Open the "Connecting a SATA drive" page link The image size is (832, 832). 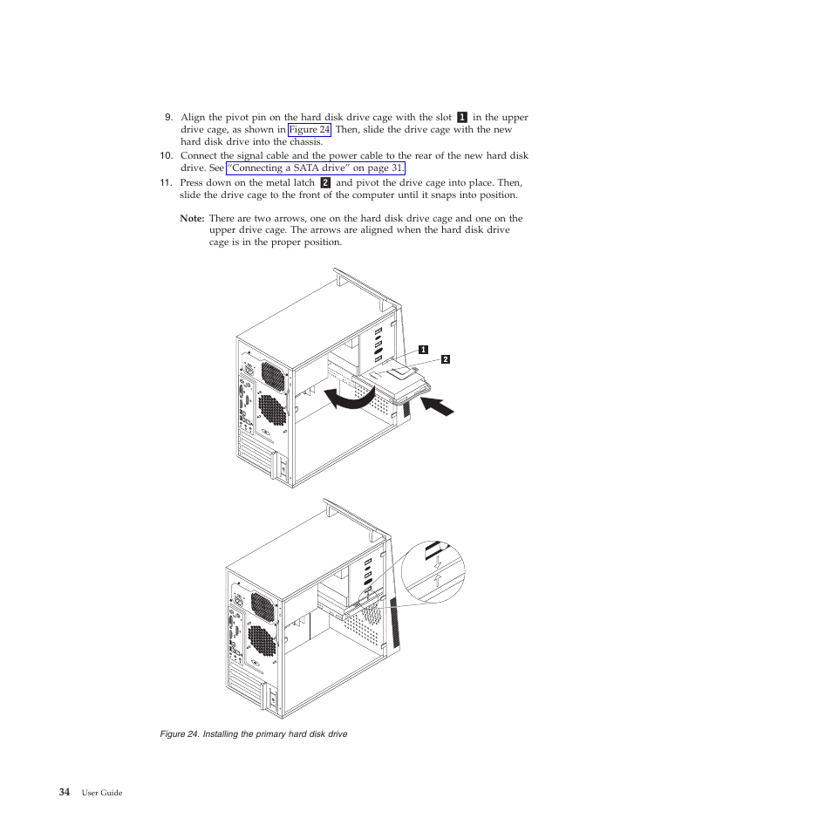click(x=316, y=168)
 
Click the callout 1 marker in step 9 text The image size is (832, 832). click(x=462, y=118)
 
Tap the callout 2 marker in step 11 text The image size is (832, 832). click(x=325, y=183)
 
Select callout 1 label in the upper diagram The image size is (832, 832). click(x=423, y=349)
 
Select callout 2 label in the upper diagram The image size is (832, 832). click(x=445, y=358)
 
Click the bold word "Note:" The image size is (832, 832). click(x=192, y=219)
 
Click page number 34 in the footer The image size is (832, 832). click(x=65, y=792)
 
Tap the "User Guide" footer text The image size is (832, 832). click(x=102, y=793)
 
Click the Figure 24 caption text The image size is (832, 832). click(x=254, y=734)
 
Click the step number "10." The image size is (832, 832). click(x=166, y=156)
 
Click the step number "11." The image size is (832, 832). click(x=166, y=183)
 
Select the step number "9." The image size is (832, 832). click(x=169, y=118)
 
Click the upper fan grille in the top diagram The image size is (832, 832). click(x=271, y=377)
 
